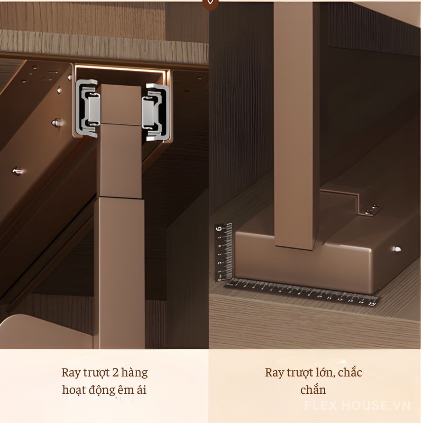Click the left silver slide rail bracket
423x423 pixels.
pyautogui.click(x=87, y=107)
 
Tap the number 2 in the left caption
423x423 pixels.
pyautogui.click(x=115, y=372)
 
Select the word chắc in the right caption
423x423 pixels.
pyautogui.click(x=348, y=373)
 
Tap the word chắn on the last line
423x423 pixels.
pyautogui.click(x=313, y=390)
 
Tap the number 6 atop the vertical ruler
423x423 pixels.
pyautogui.click(x=219, y=229)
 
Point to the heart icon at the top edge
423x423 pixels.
pyautogui.click(x=211, y=2)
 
